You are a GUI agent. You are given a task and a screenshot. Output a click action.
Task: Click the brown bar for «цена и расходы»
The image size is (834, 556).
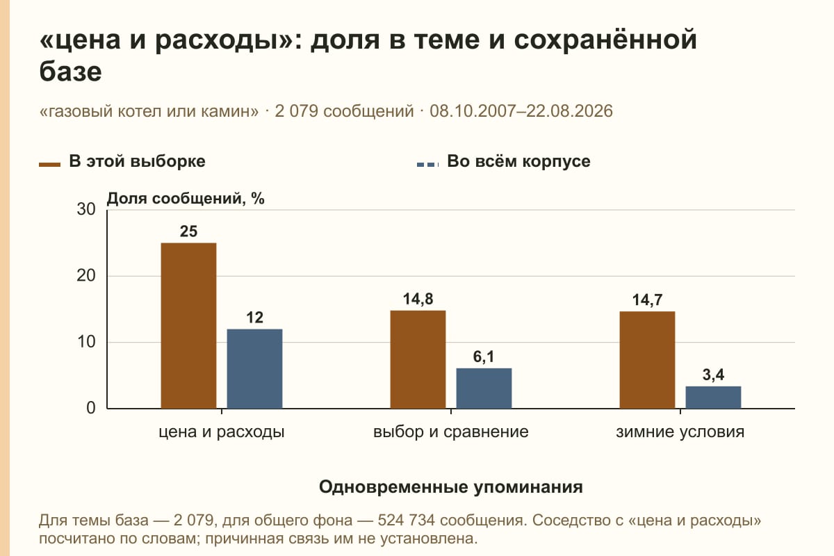[x=188, y=326]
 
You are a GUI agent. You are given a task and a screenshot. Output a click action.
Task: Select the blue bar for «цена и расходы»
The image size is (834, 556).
[x=254, y=368]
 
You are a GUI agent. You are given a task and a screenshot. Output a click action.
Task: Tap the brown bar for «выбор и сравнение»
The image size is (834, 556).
[x=418, y=359]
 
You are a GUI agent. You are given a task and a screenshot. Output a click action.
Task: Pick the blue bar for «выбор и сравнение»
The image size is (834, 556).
[x=484, y=389]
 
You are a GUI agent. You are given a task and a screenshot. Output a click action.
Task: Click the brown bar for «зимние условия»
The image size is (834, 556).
[x=647, y=360]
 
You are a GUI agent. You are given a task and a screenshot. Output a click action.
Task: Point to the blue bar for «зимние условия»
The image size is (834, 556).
[x=713, y=398]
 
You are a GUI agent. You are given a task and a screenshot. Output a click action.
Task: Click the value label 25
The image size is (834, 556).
[x=188, y=231]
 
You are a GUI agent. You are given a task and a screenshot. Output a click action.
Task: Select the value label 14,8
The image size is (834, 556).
[x=418, y=299]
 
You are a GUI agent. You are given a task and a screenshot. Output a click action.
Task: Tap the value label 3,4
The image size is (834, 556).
[x=713, y=375]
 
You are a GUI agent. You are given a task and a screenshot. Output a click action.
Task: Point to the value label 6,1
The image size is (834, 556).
[x=484, y=357]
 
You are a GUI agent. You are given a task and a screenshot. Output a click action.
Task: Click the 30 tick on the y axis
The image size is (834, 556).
[x=86, y=209]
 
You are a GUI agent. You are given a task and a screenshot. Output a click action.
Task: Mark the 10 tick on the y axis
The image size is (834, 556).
[x=86, y=342]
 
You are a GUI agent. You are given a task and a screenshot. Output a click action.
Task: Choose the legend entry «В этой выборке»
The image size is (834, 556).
[x=122, y=162]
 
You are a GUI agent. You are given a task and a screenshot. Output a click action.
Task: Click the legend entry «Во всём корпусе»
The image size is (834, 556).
[x=503, y=162]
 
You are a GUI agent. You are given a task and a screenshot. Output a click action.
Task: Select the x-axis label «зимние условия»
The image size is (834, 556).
[x=680, y=432]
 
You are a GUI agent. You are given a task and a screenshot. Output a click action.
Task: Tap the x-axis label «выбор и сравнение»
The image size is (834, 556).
[x=451, y=432]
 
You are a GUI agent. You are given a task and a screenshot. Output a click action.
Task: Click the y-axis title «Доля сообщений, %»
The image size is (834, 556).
[x=186, y=199]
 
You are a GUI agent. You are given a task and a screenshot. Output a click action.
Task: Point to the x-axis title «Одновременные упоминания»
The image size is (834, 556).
[x=451, y=486]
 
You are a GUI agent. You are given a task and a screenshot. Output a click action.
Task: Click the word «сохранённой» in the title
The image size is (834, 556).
[x=605, y=40]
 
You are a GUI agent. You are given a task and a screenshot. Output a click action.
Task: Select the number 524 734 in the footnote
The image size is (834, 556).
[x=406, y=521]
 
